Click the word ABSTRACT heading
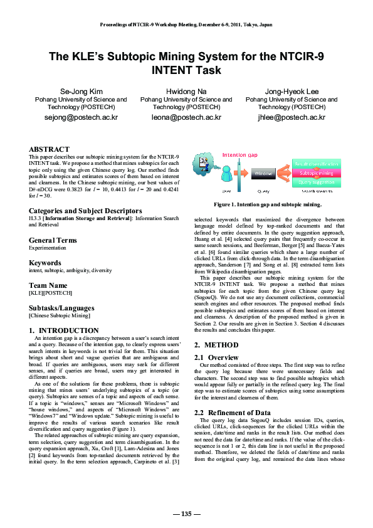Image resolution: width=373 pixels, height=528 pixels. pyautogui.click(x=49, y=149)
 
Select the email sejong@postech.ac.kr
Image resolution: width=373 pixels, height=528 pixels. pyautogui.click(x=80, y=117)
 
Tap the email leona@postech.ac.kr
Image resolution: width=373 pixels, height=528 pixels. pyautogui.click(x=186, y=117)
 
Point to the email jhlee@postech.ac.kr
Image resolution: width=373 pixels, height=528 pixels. pyautogui.click(x=292, y=117)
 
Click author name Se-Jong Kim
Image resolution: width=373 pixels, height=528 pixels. pyautogui.click(x=80, y=92)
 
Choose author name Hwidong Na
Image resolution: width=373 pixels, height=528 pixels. pyautogui.click(x=186, y=92)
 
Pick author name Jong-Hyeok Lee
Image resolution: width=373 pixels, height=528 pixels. pyautogui.click(x=292, y=92)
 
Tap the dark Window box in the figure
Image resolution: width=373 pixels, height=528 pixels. pyautogui.click(x=264, y=172)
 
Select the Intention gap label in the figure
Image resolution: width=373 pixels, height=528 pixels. pyautogui.click(x=239, y=155)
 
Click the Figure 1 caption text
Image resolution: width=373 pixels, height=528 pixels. pyautogui.click(x=268, y=204)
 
